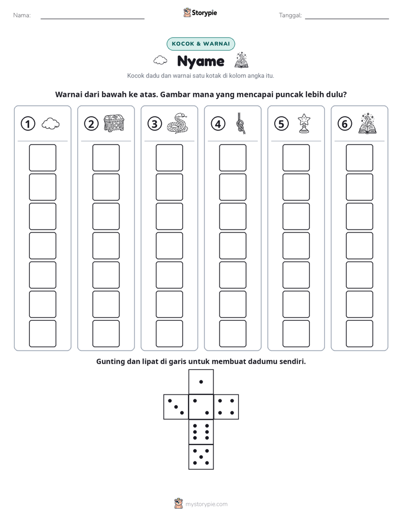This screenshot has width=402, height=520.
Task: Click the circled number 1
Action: coord(28,124)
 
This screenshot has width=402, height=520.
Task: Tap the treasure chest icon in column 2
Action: coord(114,123)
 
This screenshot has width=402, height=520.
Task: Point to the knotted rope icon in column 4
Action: coord(241,123)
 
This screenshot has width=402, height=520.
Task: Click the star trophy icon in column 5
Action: coord(304,123)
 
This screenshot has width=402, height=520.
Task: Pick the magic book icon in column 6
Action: coord(368,123)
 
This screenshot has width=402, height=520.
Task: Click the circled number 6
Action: coord(345,124)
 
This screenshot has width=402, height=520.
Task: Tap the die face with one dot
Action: coord(201,382)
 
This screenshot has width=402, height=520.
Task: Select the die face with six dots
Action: coord(201,432)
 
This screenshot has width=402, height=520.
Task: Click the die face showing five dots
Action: coord(201,457)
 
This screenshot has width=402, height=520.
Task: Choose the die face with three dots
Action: coord(176,407)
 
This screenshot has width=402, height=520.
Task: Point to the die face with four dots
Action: coord(226,407)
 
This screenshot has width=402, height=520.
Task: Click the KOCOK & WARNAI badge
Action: coord(200,44)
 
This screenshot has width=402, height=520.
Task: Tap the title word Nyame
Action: coord(200,61)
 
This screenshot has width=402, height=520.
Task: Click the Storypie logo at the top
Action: coord(200,12)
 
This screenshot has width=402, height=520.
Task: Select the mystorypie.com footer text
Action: coord(206,504)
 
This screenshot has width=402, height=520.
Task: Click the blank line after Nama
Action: coord(92,19)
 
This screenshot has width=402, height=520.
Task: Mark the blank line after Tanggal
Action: coord(347,19)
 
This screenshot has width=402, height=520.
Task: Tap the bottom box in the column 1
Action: coord(42,333)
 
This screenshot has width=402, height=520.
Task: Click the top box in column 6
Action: coord(360,158)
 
